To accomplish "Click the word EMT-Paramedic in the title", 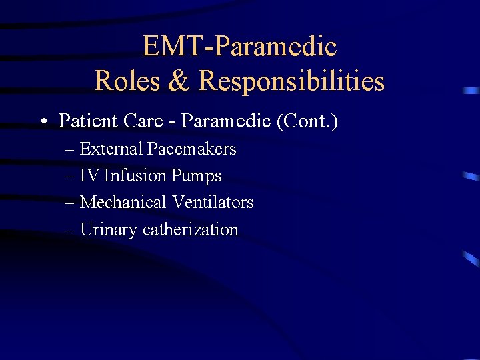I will (239, 47).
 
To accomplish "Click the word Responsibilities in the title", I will (291, 81).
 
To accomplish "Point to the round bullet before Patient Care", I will (42, 122).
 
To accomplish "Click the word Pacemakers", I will (191, 149).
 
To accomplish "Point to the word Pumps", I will (196, 176).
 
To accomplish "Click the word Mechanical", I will (123, 202).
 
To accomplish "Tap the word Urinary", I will (109, 230).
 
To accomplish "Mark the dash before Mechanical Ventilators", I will (70, 203).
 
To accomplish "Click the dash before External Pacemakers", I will (70, 149).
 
